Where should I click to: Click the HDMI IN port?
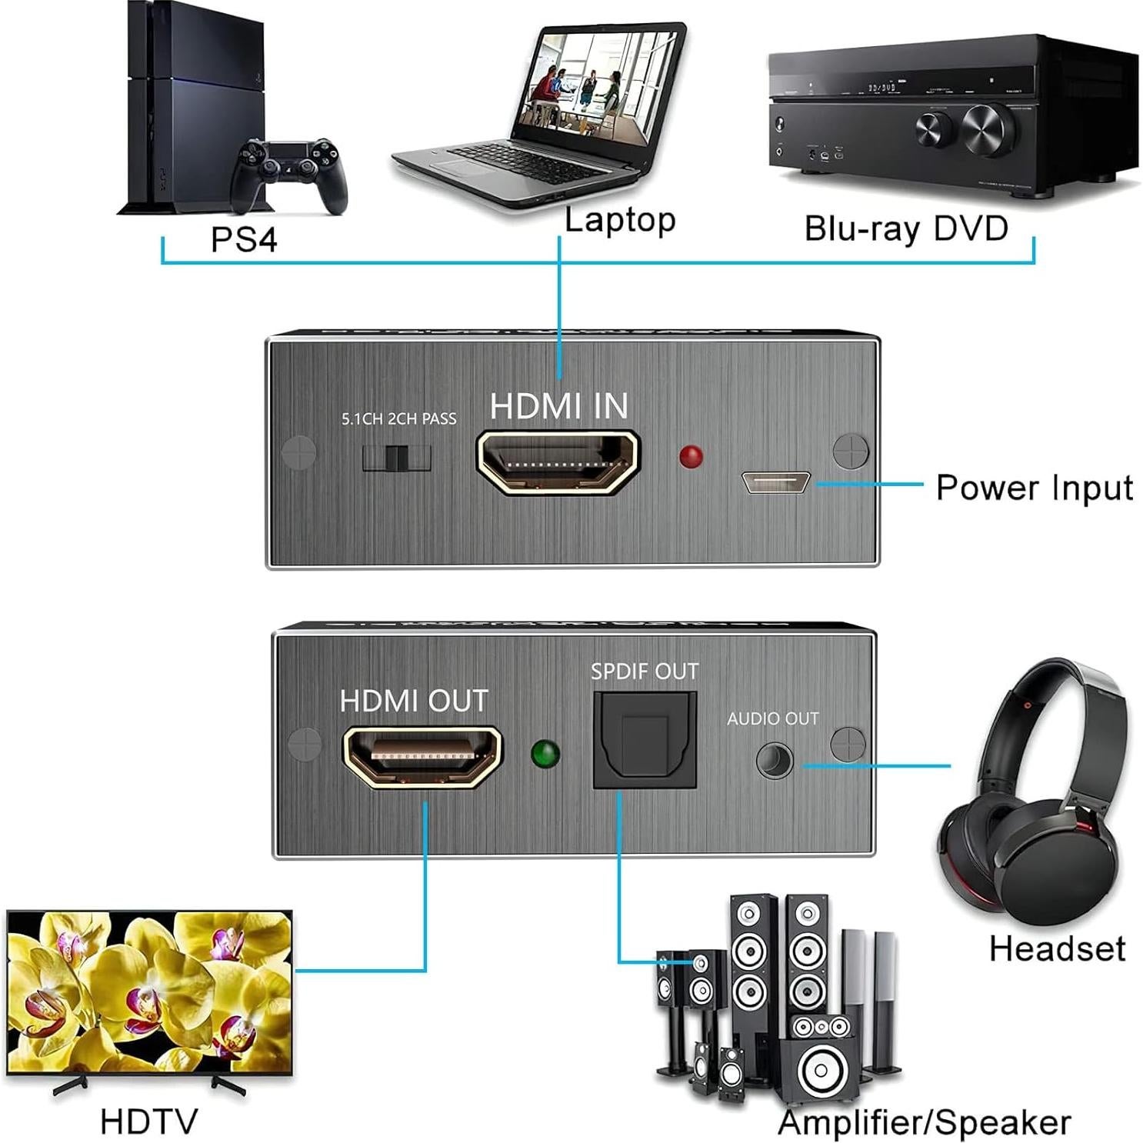pos(558,462)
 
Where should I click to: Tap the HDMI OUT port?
pos(422,755)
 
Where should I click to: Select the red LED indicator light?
pos(691,456)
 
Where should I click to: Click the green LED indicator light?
pos(545,754)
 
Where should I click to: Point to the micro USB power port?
pos(775,482)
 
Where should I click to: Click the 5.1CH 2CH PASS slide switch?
pos(396,458)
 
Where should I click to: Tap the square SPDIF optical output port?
pos(645,740)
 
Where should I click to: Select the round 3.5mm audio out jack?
pos(774,761)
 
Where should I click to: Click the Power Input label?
pos(1034,488)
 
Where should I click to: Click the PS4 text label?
pos(244,239)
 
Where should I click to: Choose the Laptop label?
pos(620,220)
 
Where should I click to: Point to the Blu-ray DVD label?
pos(906,228)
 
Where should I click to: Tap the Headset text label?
pos(1057,948)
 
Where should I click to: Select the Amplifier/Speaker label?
pos(924,1123)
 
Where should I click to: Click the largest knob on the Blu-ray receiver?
pos(988,128)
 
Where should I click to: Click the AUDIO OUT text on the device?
pos(772,718)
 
